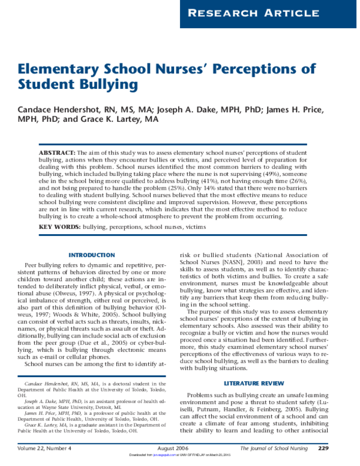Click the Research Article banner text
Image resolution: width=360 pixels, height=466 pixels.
[271, 13]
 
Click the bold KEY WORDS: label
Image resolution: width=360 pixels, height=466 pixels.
[58, 228]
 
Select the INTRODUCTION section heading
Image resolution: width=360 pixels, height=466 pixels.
[92, 255]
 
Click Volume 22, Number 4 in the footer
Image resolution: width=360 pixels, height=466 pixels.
[44, 448]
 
